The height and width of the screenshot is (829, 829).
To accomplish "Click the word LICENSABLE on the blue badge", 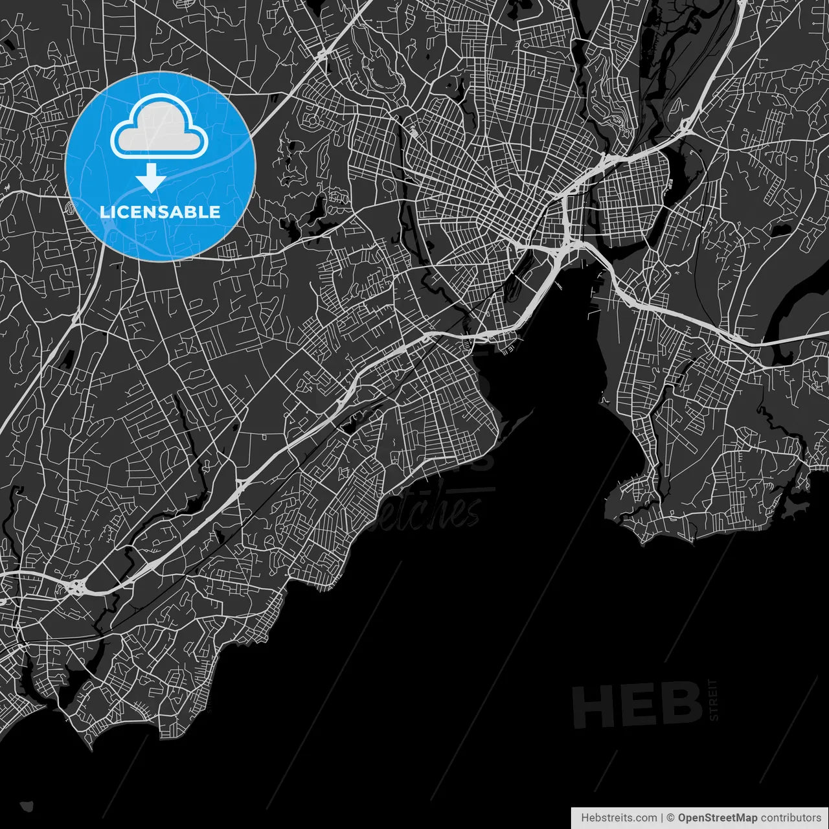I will click(160, 212).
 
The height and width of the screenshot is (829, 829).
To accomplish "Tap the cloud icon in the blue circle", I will click(159, 128).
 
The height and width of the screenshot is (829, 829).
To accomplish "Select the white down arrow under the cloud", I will click(151, 177).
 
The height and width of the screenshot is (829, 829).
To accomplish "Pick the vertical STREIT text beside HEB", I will click(714, 700).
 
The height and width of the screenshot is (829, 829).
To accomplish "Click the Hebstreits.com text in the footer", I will click(619, 818).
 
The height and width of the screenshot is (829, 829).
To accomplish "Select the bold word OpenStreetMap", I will click(718, 818).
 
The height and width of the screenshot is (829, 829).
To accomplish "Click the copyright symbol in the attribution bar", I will click(671, 818).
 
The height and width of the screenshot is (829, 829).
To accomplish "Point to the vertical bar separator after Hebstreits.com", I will click(662, 818).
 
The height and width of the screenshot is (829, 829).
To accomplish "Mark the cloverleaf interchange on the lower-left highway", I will click(76, 587).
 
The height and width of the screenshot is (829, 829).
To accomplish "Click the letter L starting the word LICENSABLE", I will click(104, 212).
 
